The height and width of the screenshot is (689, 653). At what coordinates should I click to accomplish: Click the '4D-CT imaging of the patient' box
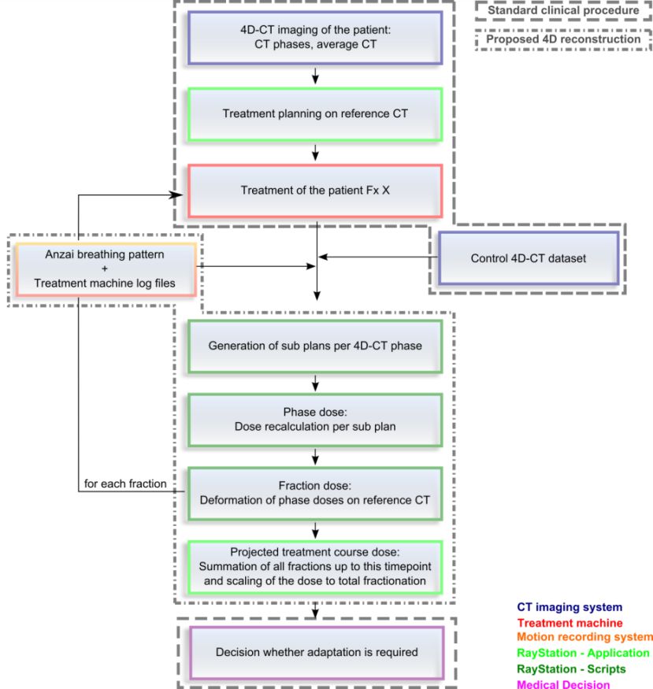click(x=315, y=38)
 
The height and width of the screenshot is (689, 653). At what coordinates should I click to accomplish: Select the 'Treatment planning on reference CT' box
click(x=315, y=114)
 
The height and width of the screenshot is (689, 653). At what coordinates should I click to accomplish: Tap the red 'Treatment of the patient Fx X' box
click(x=315, y=191)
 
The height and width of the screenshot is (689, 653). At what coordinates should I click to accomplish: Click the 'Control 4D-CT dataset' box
click(x=529, y=258)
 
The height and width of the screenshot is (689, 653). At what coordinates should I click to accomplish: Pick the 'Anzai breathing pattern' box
click(x=106, y=269)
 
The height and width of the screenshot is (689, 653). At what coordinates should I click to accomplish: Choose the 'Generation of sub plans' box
click(x=315, y=346)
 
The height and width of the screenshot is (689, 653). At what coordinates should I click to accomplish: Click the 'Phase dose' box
click(x=315, y=420)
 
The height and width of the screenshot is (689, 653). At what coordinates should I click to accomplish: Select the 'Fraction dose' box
click(x=315, y=494)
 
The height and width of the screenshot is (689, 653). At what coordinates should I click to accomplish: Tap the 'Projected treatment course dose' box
click(x=315, y=567)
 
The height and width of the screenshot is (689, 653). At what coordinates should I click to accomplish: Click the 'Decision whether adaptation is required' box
click(x=317, y=653)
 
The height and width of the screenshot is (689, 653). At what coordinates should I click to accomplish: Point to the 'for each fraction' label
click(x=125, y=483)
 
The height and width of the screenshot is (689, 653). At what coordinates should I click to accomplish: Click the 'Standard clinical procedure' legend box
click(x=563, y=10)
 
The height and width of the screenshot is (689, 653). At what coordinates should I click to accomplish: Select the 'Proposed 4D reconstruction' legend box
click(x=563, y=39)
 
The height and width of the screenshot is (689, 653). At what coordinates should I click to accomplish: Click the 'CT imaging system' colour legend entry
click(x=570, y=607)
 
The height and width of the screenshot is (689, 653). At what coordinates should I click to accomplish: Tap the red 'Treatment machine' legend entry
click(x=570, y=623)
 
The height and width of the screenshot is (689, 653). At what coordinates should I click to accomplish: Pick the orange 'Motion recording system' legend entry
click(x=585, y=637)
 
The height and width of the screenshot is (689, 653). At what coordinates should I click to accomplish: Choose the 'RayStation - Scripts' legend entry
click(x=571, y=669)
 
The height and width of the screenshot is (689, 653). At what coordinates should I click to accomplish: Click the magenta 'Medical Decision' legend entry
click(x=563, y=684)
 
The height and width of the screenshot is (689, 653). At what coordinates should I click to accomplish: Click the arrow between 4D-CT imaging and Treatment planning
click(x=315, y=76)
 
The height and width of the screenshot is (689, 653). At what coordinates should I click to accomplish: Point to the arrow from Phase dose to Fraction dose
click(x=315, y=457)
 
